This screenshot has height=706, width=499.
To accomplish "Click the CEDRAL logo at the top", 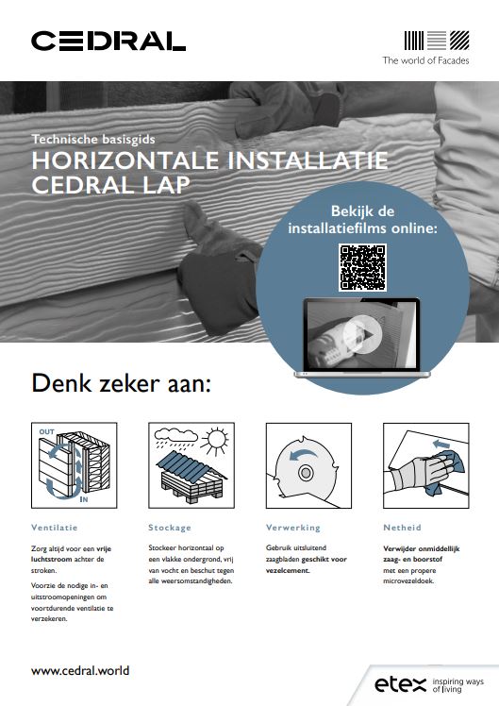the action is (108, 41).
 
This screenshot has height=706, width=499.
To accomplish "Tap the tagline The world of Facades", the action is (425, 60).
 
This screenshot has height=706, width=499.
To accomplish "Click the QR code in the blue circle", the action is (362, 267).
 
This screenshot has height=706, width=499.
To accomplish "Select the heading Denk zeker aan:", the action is (121, 383).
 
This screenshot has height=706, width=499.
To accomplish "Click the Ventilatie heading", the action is (55, 528).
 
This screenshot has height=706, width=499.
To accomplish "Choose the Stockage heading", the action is (170, 528).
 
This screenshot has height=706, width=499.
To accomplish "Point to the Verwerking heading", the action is (293, 528).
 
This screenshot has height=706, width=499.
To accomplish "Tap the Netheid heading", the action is (402, 528).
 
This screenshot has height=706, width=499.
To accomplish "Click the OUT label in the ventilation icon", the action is (46, 431).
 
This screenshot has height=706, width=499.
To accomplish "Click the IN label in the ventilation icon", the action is (84, 499).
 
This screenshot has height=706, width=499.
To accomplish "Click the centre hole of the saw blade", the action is (306, 473).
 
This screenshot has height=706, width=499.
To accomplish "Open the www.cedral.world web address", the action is (80, 670).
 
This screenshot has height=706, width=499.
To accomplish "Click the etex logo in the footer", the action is (400, 684).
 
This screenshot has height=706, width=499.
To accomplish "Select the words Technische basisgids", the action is (93, 139).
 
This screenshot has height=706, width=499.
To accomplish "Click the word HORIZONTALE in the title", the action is (125, 160).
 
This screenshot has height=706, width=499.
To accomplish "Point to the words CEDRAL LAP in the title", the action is (110, 185).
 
